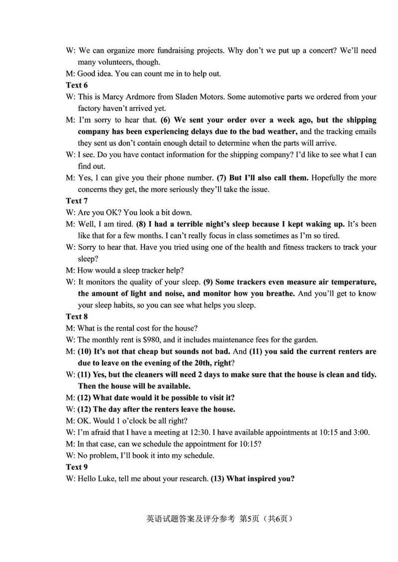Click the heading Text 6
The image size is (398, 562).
click(77, 85)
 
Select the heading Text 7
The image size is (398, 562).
click(77, 201)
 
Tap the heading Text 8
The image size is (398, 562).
click(77, 317)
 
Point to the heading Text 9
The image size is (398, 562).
click(77, 467)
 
